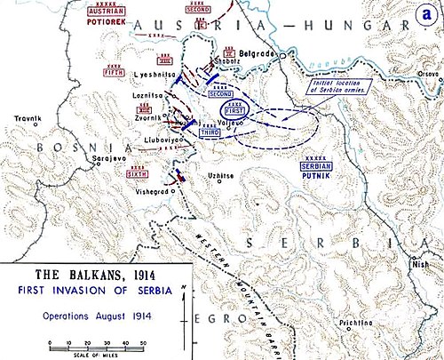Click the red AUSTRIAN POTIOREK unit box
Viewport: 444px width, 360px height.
99,14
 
